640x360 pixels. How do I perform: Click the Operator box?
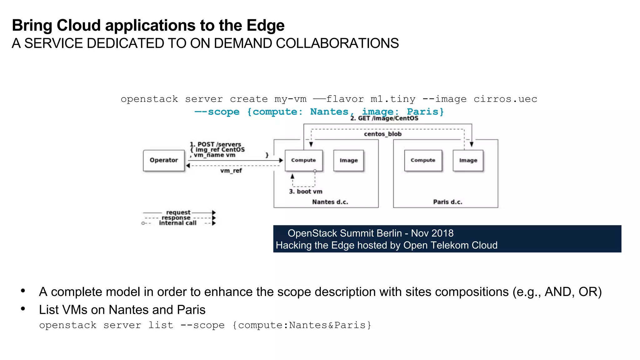point(163,160)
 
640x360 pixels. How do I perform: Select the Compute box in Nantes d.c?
point(303,160)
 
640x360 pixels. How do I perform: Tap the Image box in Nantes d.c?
point(348,160)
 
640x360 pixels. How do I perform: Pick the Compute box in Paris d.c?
point(423,160)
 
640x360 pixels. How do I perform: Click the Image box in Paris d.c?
point(468,160)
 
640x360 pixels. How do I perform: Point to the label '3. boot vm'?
point(306,192)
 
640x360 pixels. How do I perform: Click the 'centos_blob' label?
point(382,134)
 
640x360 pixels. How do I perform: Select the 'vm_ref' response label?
point(231,171)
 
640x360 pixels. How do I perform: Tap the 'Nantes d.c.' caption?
point(330,202)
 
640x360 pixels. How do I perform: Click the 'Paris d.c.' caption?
point(447,202)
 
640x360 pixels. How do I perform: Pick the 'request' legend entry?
point(178,212)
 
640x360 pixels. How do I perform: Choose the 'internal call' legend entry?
point(177,223)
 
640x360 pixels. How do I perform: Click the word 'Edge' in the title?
point(265,25)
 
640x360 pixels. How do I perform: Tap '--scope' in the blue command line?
point(217,112)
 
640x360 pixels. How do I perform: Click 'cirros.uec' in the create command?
point(505,99)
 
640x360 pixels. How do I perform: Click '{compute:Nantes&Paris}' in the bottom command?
point(302,325)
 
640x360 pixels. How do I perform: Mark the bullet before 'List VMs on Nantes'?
point(23,309)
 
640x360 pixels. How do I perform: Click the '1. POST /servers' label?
point(216,144)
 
